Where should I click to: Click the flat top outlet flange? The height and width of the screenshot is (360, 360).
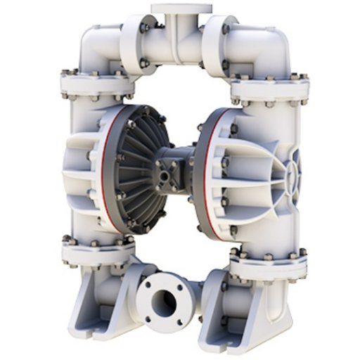pyautogui.click(x=181, y=9)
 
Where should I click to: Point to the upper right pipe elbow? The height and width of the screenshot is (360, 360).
pyautogui.click(x=260, y=44)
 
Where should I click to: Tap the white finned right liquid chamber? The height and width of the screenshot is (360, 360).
pyautogui.click(x=260, y=169)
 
